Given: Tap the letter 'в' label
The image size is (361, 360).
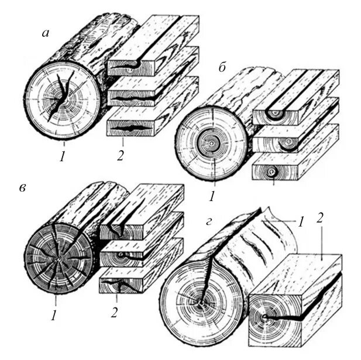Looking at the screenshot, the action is (x=22, y=189).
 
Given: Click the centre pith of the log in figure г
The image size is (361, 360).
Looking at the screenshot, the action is (x=201, y=303).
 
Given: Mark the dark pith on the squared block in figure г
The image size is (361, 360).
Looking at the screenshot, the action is (x=266, y=317).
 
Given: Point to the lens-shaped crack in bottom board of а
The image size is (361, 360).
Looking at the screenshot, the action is (x=128, y=126).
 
